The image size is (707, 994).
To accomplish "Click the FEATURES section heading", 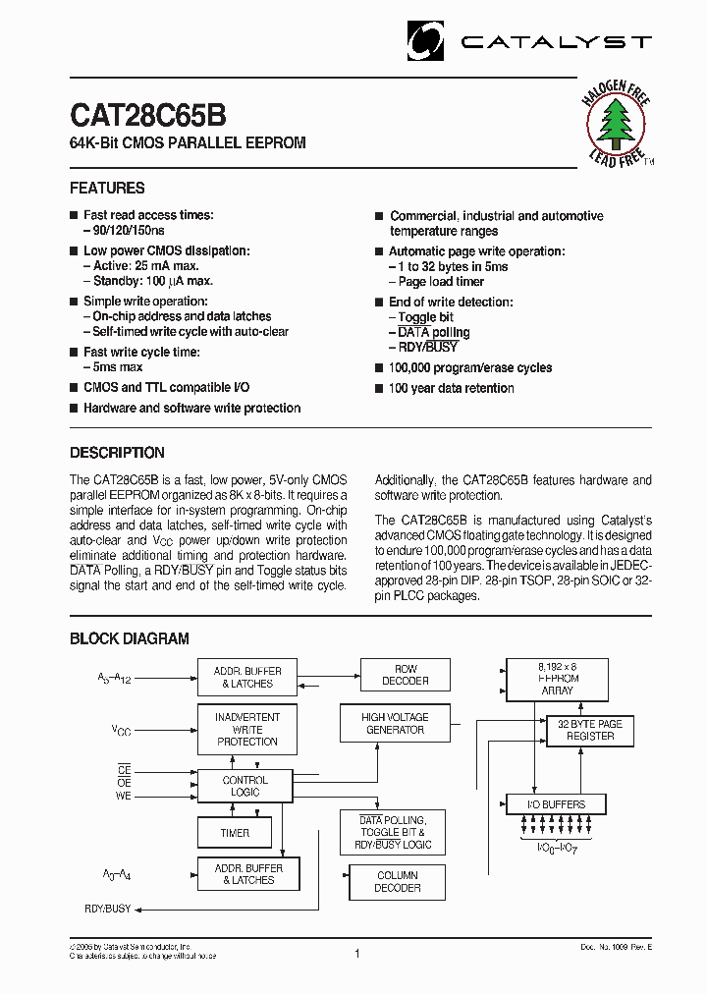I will coord(107,188).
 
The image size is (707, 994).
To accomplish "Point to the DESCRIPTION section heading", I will coord(117,453).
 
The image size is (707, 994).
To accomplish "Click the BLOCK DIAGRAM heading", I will coord(129,638).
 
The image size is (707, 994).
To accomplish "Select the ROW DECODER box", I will coord(406,675).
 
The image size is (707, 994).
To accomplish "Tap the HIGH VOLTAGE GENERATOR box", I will coord(394,724).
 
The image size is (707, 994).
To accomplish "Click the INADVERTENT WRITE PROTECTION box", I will coord(247,729).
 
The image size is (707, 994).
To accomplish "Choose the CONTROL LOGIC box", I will coord(245,786).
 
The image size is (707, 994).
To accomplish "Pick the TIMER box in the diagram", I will coord(235,833).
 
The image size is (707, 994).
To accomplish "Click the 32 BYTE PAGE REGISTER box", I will coord(590,730).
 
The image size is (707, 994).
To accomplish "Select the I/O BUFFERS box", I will coord(556,804).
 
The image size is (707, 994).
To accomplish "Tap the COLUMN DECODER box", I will coord(398,881).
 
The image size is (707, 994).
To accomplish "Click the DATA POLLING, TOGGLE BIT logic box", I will coord(392,832).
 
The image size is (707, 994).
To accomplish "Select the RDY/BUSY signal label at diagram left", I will coord(107,909).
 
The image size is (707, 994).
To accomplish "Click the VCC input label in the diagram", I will coord(122,731).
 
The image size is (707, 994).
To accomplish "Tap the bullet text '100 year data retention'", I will coord(451,388).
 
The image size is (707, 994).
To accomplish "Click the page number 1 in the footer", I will coord(356,953).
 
